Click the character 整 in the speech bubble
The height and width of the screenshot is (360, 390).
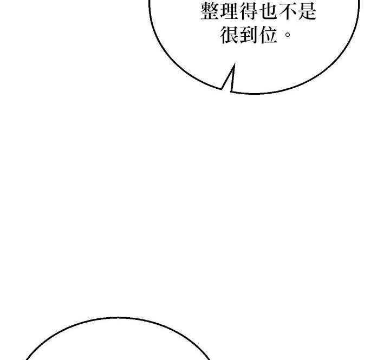(x=210, y=11)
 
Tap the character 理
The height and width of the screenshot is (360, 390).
(x=229, y=11)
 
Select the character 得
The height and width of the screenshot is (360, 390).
(x=248, y=11)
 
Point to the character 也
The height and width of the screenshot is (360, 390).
(x=268, y=11)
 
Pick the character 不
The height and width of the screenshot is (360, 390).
(x=288, y=11)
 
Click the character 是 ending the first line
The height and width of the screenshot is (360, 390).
(x=307, y=11)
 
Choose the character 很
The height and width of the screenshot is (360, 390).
(x=229, y=35)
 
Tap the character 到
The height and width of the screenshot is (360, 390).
(x=249, y=35)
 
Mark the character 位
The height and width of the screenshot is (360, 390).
(x=268, y=35)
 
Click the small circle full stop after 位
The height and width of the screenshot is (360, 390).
(x=287, y=34)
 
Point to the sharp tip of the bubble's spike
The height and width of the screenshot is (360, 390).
(x=235, y=64)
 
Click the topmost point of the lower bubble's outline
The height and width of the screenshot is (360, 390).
(x=118, y=317)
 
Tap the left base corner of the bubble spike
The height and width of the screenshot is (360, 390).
(x=221, y=89)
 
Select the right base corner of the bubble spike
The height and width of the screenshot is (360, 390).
(x=231, y=91)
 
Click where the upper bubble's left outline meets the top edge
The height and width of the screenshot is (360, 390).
(x=149, y=1)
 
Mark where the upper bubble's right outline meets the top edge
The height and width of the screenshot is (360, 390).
(x=359, y=1)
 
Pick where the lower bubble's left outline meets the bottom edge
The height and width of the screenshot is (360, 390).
(x=26, y=359)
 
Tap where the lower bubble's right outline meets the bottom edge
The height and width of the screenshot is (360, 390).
(x=210, y=359)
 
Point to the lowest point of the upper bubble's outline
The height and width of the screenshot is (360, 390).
(x=253, y=94)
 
